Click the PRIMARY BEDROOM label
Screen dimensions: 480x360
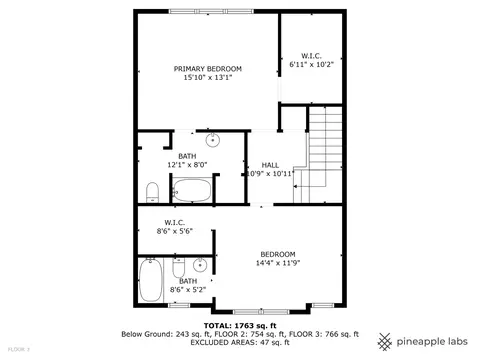click(208, 69)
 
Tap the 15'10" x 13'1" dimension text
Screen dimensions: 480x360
click(208, 78)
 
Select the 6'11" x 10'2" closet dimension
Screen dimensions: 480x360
click(311, 64)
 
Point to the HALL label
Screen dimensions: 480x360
click(270, 165)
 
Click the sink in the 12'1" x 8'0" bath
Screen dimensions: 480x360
click(213, 140)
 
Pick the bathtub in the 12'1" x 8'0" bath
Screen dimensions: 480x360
click(192, 190)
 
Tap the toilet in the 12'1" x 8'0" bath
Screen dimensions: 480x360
click(153, 192)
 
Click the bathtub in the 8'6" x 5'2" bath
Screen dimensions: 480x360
click(151, 280)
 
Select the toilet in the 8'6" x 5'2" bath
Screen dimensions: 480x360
click(179, 268)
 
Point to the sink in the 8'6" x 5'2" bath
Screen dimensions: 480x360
click(200, 265)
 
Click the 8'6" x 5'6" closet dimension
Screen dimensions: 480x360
click(175, 231)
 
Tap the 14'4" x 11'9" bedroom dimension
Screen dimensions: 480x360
click(278, 263)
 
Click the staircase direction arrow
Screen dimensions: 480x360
click(309, 186)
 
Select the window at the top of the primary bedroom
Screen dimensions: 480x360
click(211, 11)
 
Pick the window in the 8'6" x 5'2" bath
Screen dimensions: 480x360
click(179, 305)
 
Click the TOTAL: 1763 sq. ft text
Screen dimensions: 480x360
click(240, 326)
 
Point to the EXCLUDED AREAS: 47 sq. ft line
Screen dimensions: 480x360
click(240, 342)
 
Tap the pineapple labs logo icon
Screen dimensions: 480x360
click(385, 342)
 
